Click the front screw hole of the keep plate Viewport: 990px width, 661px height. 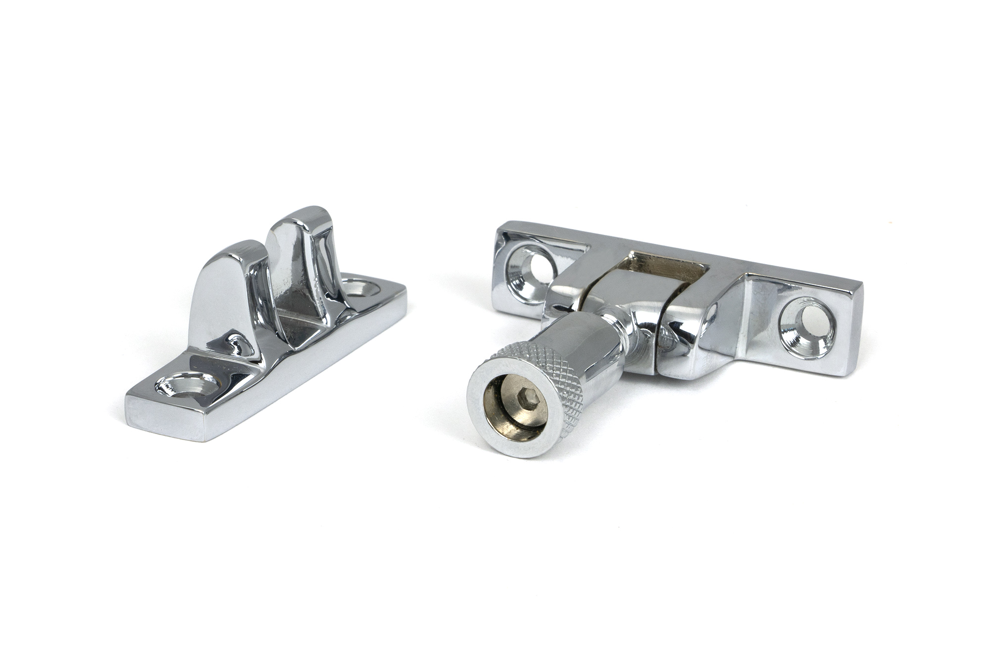(188, 385)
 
